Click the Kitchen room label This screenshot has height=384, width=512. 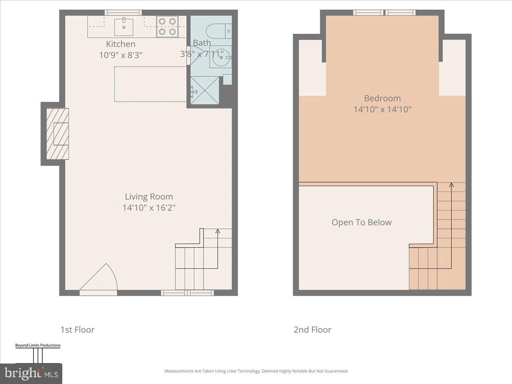[120, 44]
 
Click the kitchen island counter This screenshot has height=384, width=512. [150, 84]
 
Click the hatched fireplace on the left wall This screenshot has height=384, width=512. [57, 134]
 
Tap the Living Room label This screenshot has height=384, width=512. [148, 197]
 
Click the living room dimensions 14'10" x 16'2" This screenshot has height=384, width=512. [148, 208]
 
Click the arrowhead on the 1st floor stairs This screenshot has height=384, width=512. [218, 232]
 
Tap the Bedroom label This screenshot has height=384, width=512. [382, 98]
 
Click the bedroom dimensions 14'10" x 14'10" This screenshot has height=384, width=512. [382, 109]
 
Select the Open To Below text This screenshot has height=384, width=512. [361, 222]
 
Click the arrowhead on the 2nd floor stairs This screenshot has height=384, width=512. [451, 185]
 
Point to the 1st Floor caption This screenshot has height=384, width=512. [77, 329]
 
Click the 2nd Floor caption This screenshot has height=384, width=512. [312, 329]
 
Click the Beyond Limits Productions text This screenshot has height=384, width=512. [38, 345]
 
